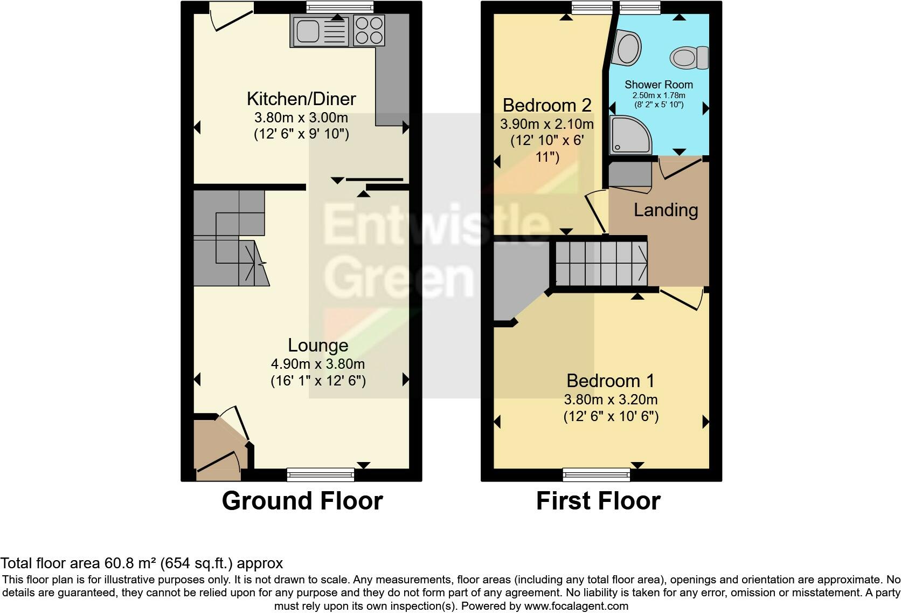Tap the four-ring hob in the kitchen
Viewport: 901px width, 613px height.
(x=369, y=30)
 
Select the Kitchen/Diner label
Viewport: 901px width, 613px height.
(x=301, y=99)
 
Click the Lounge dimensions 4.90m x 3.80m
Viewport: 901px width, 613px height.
(x=318, y=364)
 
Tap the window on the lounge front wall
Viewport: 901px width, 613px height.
(x=320, y=475)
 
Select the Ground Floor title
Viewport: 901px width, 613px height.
(x=302, y=501)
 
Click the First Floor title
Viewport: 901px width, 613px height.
(x=598, y=501)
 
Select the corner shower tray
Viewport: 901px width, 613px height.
(x=629, y=135)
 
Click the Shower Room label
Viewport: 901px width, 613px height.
(x=659, y=85)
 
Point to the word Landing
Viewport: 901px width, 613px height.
(x=666, y=210)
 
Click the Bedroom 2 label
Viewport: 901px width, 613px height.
(x=547, y=105)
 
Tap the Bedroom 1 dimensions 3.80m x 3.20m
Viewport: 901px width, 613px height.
(x=611, y=400)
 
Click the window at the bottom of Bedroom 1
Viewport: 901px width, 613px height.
(x=596, y=475)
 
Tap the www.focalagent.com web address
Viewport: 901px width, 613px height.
(x=576, y=605)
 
